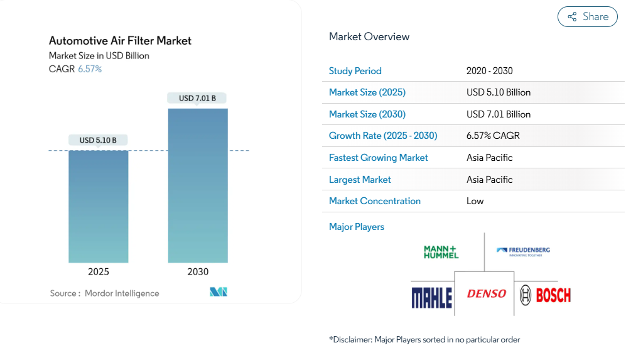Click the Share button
click(587, 17)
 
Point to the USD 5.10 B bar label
click(98, 140)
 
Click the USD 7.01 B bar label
click(197, 98)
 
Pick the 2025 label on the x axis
click(99, 272)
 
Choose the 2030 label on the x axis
click(198, 272)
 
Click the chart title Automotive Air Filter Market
click(120, 41)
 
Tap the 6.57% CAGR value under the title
click(90, 69)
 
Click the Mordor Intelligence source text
click(122, 293)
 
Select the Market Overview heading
click(369, 36)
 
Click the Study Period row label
click(355, 71)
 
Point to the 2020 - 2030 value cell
click(490, 71)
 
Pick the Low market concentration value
click(475, 201)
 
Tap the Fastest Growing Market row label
click(379, 158)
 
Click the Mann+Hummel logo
click(441, 252)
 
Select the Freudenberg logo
click(523, 251)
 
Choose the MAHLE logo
click(432, 295)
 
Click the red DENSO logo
click(486, 293)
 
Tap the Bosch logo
click(545, 294)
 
